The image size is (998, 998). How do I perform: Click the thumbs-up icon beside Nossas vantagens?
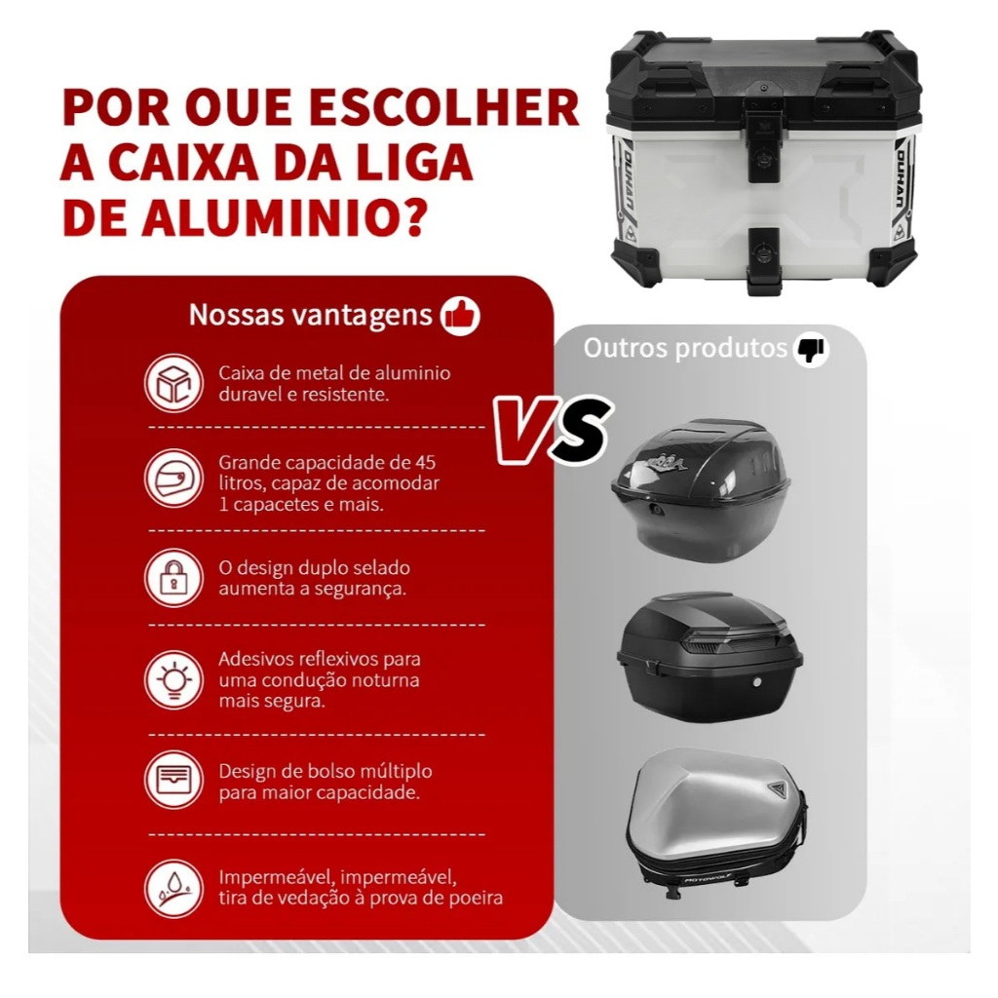pyautogui.click(x=460, y=316)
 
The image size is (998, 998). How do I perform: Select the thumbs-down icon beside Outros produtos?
pyautogui.click(x=810, y=349)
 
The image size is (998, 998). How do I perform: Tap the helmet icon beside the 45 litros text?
pyautogui.click(x=173, y=479)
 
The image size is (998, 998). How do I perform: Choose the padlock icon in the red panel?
pyautogui.click(x=173, y=577)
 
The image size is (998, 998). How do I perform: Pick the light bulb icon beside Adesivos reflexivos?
pyautogui.click(x=173, y=679)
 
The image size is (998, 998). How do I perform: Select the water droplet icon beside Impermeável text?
pyautogui.click(x=173, y=889)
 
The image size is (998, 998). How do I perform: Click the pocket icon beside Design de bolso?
pyautogui.click(x=173, y=779)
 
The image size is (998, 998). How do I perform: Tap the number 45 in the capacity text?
pyautogui.click(x=425, y=462)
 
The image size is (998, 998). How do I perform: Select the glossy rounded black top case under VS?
pyautogui.click(x=700, y=490)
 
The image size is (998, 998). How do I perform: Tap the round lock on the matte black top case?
pyautogui.click(x=756, y=682)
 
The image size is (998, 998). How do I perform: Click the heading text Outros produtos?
pyautogui.click(x=685, y=348)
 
